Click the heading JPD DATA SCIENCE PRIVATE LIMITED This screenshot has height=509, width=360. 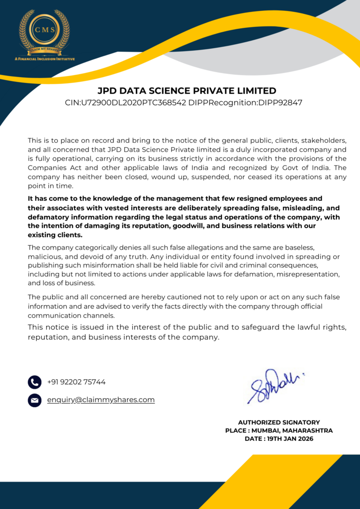click(186, 91)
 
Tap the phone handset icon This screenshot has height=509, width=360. click(34, 382)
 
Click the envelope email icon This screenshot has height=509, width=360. click(34, 400)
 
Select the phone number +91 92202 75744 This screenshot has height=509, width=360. click(76, 382)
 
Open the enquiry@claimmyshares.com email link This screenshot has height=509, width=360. click(101, 400)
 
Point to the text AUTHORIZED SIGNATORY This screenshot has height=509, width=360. click(279, 422)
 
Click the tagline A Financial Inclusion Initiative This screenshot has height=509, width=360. click(44, 59)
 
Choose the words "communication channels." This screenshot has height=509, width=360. click(71, 315)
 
